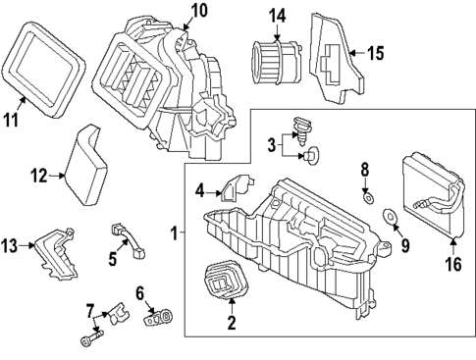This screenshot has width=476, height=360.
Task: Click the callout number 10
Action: pos(199,11)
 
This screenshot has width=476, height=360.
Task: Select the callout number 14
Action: pos(278,15)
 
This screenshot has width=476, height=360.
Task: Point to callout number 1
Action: pos(175,233)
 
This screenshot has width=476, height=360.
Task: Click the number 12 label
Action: pos(38,177)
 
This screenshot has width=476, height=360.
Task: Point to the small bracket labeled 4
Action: pos(233,185)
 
